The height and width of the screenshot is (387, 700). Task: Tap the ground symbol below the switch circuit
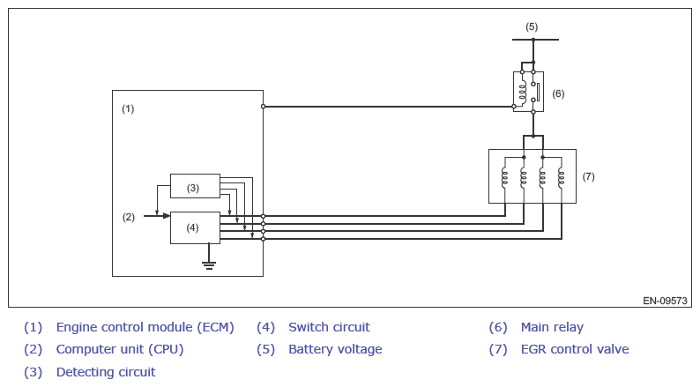tap(208, 265)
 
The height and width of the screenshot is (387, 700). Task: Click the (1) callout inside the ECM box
tap(128, 108)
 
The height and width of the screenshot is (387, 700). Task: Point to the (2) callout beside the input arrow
tap(129, 217)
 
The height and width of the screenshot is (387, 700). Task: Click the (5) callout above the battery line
tap(532, 26)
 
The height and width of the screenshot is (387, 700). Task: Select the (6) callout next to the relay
tap(558, 93)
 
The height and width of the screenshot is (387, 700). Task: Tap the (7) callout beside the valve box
tap(588, 176)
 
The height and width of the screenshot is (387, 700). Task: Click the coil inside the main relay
tap(522, 91)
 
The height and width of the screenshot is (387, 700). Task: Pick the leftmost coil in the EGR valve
tap(505, 178)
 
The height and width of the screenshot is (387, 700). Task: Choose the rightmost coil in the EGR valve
tap(562, 178)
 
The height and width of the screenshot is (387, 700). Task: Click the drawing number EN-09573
tap(665, 301)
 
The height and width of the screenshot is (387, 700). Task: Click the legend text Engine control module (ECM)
tap(145, 327)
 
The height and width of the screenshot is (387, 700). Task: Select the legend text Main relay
tap(552, 327)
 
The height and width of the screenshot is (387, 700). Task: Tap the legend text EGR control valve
tap(575, 349)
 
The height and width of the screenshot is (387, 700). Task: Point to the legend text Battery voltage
tap(335, 349)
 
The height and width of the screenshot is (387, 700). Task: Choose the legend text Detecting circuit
tap(106, 372)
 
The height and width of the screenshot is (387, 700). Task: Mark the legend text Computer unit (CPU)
tap(120, 349)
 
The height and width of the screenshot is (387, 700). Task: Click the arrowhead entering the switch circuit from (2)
tap(167, 216)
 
